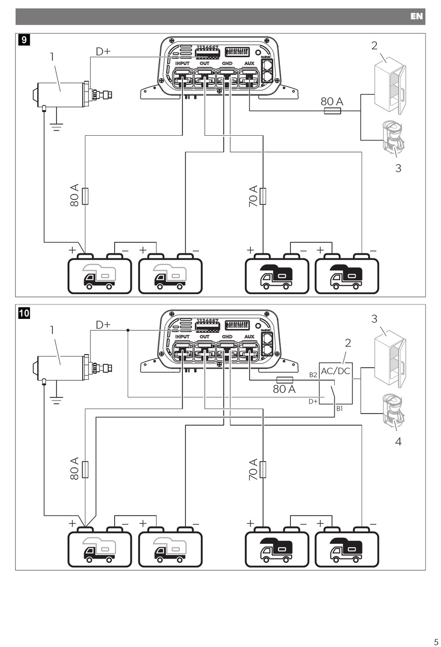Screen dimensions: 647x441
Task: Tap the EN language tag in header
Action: tap(416, 16)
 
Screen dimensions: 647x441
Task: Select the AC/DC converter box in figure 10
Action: tap(336, 371)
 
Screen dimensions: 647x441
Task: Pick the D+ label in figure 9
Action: tap(103, 52)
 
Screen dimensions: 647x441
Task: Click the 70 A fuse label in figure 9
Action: tap(253, 196)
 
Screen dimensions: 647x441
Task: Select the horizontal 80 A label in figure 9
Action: tap(332, 101)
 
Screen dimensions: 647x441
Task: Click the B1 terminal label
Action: tap(339, 409)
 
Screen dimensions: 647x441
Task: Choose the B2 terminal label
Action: tap(313, 375)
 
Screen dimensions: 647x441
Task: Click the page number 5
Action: tap(435, 642)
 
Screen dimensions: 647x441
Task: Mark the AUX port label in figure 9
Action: tap(249, 63)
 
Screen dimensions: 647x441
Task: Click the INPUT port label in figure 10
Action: tap(182, 337)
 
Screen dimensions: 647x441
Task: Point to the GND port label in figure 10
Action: tap(227, 337)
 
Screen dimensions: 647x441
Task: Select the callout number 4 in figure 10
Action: tap(398, 441)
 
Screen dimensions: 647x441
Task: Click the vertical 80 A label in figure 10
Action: tap(74, 469)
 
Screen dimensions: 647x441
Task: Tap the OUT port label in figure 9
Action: tap(204, 63)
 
